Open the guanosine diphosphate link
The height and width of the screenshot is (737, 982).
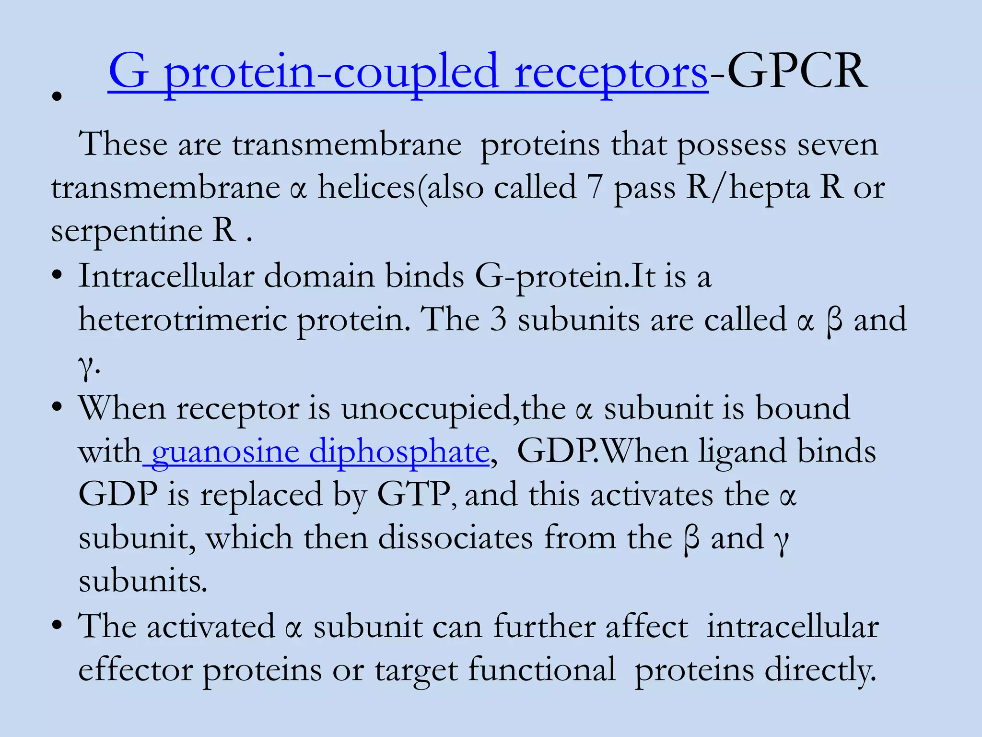320,452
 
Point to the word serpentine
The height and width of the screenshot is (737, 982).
127,231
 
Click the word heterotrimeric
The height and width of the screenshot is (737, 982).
182,320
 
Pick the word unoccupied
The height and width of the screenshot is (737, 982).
426,409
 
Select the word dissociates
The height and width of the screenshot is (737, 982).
455,538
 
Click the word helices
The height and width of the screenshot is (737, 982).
366,188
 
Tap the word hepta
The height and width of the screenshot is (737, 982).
770,188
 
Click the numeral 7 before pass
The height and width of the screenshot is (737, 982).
595,188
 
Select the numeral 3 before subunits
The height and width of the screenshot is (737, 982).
498,320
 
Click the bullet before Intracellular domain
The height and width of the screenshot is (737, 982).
58,276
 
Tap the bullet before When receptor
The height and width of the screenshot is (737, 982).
58,408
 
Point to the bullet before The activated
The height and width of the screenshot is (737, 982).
58,626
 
